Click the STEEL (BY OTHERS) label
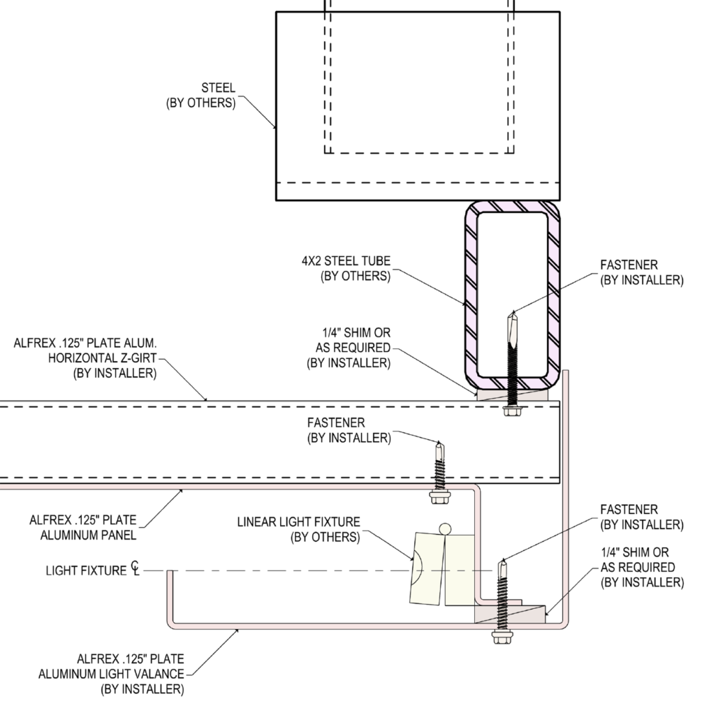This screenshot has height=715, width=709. [200, 95]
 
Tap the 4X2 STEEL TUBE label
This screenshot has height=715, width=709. [346, 269]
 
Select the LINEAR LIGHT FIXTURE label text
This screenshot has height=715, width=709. [298, 529]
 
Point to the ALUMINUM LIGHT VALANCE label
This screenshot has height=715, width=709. [111, 674]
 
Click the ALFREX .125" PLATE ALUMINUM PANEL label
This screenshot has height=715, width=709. [83, 528]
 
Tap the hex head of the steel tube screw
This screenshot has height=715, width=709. [512, 411]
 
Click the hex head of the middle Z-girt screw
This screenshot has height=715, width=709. [440, 497]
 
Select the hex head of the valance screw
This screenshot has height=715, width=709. [502, 637]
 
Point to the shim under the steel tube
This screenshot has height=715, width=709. [512, 395]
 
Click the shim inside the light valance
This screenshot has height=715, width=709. [510, 614]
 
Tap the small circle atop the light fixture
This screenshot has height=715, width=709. [445, 529]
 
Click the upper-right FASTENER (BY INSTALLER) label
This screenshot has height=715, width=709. [642, 272]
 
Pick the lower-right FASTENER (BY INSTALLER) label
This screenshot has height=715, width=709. [642, 517]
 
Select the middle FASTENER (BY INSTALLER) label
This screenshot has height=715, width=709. [349, 430]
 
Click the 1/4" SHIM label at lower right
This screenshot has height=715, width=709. [643, 567]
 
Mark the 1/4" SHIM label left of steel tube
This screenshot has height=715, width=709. [349, 348]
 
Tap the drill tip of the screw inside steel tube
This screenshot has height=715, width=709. [513, 314]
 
